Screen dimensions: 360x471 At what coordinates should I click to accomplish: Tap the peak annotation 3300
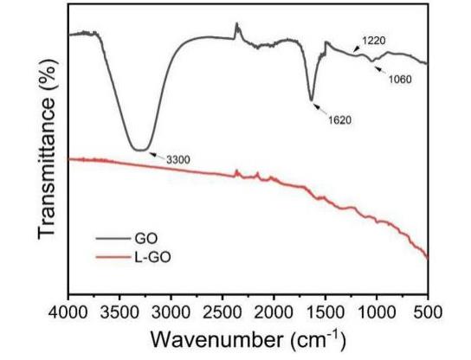click(x=177, y=159)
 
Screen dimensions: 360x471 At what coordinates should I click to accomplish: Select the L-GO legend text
click(x=154, y=256)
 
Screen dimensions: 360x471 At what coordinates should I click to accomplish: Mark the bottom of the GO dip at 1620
click(x=312, y=100)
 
